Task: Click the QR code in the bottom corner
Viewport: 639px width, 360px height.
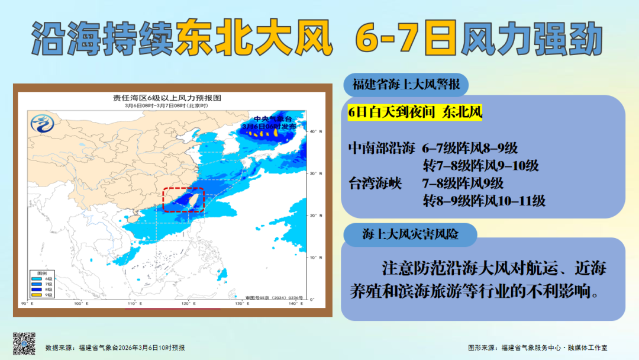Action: click(x=24, y=343)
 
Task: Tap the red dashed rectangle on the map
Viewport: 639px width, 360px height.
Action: click(x=183, y=200)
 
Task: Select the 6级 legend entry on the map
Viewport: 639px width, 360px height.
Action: click(x=42, y=278)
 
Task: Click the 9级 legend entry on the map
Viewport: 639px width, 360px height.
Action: click(x=42, y=294)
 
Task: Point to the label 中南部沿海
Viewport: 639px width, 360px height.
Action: click(x=382, y=148)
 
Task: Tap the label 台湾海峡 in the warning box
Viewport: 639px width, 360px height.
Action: click(x=375, y=183)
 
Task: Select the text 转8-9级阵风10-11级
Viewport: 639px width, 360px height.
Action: click(x=483, y=201)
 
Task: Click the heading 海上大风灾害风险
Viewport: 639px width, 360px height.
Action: click(x=410, y=235)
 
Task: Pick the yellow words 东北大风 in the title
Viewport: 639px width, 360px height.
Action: click(x=254, y=40)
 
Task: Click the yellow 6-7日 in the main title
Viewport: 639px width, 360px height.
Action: click(x=406, y=40)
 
